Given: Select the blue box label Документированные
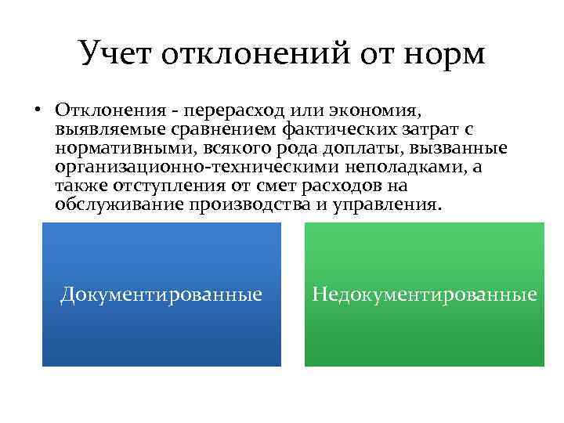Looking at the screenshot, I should [161, 295].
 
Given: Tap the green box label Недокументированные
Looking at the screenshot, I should [425, 295].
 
